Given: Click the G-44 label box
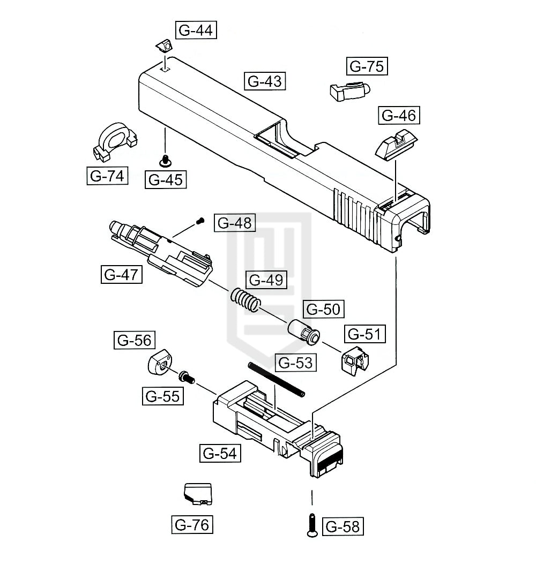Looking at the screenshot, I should click(195, 30).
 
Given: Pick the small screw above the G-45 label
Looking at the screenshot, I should click(166, 159).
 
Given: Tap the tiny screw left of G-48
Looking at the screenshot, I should click(201, 220).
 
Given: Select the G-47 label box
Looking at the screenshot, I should click(121, 274).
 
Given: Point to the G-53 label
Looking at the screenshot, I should click(294, 363).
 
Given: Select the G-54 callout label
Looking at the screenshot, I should click(219, 453).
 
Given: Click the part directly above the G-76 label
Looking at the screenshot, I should click(198, 493).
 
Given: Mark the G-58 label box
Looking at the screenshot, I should click(343, 526).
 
